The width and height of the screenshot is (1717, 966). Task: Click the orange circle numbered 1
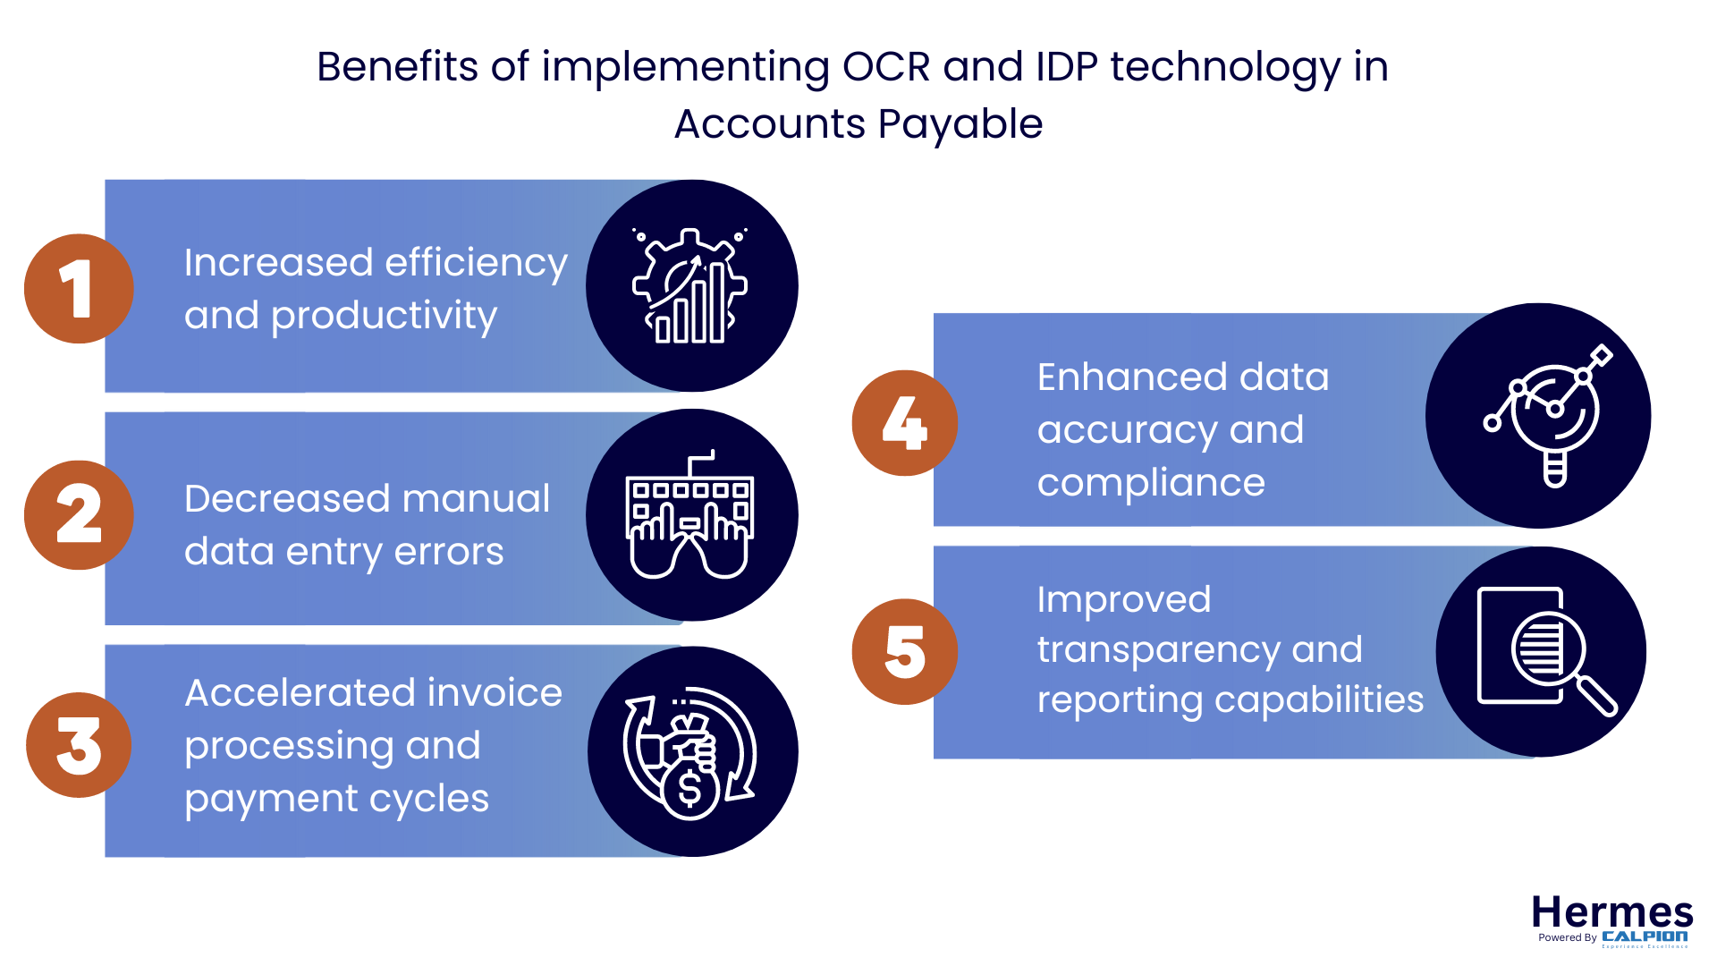[x=79, y=289]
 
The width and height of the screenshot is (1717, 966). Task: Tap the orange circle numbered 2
[x=79, y=515]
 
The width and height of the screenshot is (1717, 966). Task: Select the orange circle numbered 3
[x=79, y=745]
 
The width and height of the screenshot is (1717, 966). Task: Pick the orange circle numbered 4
[x=905, y=423]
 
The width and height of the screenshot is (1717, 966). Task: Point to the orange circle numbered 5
[x=905, y=652]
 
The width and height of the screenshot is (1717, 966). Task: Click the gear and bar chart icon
[x=691, y=286]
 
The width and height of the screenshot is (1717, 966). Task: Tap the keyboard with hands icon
[x=691, y=515]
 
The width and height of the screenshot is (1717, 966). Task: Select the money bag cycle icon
[x=691, y=752]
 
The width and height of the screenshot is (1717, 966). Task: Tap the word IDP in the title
[x=1067, y=67]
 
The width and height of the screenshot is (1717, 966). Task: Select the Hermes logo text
[x=1611, y=913]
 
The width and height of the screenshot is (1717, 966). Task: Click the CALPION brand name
[x=1645, y=936]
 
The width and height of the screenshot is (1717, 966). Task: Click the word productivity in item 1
[x=384, y=317]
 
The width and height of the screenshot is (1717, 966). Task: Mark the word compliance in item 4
[x=1151, y=484]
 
